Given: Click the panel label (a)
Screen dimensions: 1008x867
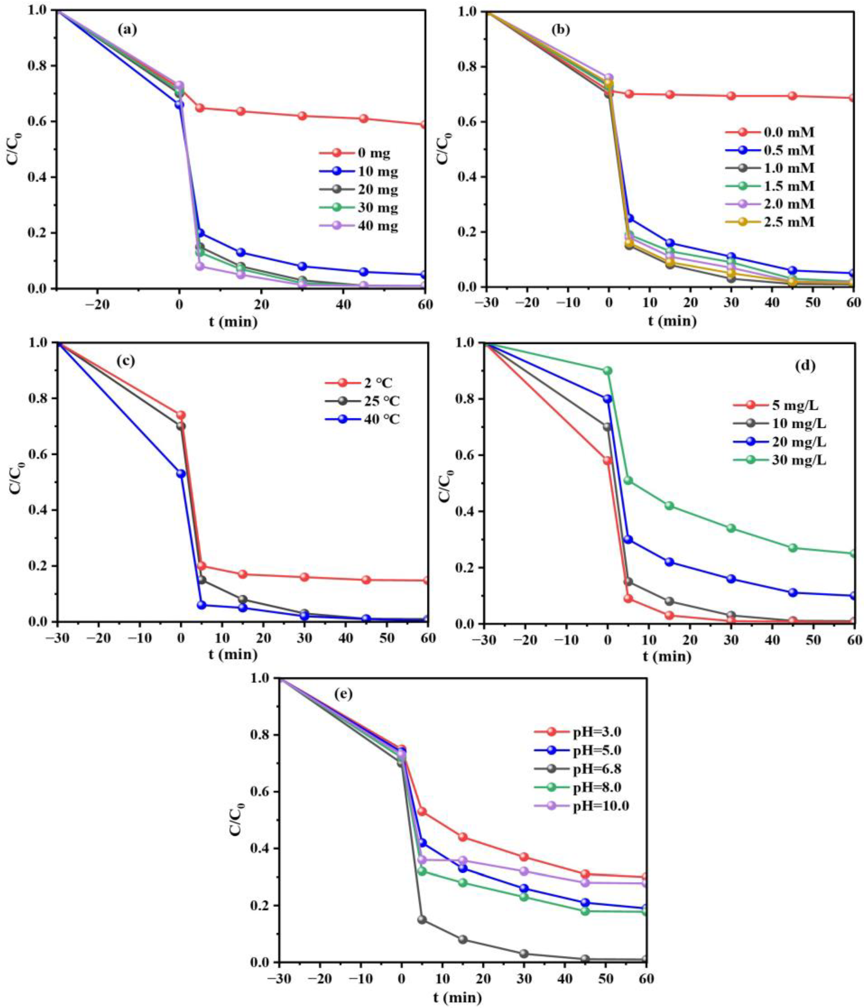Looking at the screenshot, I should click(127, 30).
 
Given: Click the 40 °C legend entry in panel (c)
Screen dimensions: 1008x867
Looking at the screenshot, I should click(363, 419).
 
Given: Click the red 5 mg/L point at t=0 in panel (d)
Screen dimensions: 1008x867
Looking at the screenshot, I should click(607, 461).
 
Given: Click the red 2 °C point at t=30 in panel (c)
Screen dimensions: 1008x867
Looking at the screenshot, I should click(305, 577).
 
